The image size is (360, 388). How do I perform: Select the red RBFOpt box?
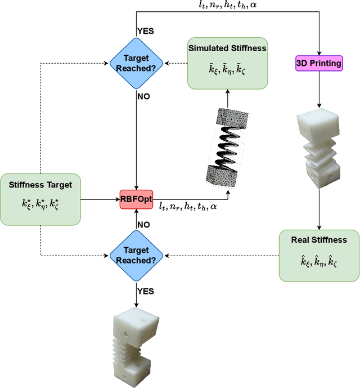[x=136, y=199]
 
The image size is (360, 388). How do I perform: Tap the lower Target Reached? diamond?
[x=136, y=255]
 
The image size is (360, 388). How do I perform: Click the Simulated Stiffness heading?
[x=227, y=48]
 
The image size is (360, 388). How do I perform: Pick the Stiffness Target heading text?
[x=40, y=184]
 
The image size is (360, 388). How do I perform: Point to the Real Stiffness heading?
[x=319, y=240]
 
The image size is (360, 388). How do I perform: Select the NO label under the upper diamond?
[x=143, y=96]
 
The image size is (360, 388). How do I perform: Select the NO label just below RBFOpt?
[x=143, y=224]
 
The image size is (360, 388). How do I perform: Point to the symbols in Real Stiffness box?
[x=319, y=261]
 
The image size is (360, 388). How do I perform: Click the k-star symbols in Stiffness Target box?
[x=40, y=204]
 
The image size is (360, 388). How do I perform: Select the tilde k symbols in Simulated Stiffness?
[x=227, y=69]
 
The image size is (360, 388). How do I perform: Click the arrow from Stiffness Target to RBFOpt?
[x=101, y=199]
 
